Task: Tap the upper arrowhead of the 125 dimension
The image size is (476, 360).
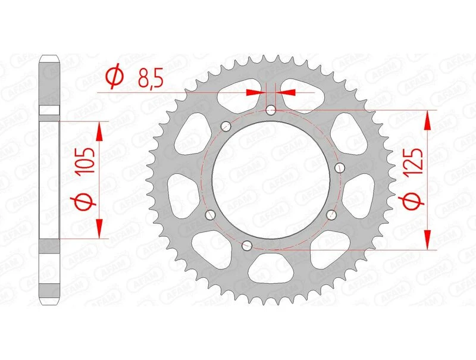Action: pos(427,120)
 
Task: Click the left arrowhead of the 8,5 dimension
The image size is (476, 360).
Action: pos(257,92)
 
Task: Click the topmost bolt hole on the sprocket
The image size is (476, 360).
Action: pos(271,110)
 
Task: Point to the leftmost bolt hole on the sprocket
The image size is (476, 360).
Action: pos(209,215)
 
